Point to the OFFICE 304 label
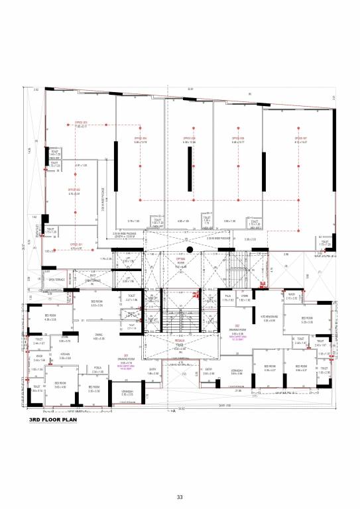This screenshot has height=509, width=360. [x=141, y=139]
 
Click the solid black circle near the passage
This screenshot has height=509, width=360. [x=189, y=250]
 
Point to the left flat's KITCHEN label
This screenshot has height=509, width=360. [x=65, y=355]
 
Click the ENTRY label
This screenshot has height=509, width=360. [x=208, y=370]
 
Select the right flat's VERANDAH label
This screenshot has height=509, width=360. [x=237, y=371]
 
